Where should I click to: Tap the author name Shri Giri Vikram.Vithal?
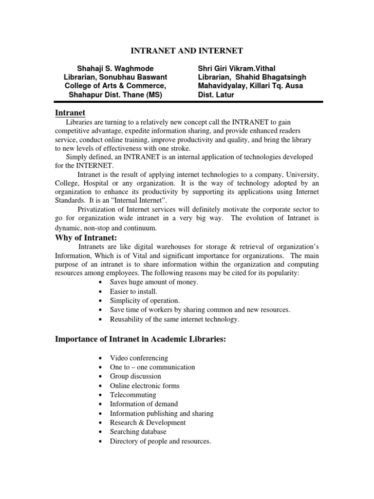[237, 68]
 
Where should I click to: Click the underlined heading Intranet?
[70, 113]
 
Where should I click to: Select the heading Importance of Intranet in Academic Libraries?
[140, 339]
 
